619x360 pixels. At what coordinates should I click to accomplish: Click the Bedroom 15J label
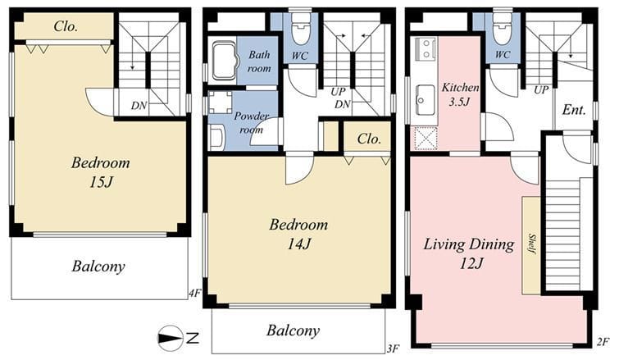point(100,172)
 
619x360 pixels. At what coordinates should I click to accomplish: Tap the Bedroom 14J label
point(298,234)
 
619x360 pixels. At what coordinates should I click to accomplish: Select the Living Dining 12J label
point(469,253)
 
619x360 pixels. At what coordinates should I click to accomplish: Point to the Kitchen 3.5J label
point(460,95)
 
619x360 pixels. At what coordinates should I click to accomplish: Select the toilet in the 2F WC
point(502,30)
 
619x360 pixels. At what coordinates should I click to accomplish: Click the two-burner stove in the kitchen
point(425,49)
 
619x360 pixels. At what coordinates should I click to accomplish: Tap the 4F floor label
point(195,294)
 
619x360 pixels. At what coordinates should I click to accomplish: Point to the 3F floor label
point(394,349)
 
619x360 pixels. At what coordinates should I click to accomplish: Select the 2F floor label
point(603,342)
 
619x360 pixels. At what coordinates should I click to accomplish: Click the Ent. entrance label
point(574,109)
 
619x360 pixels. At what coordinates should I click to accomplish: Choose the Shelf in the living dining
point(531,245)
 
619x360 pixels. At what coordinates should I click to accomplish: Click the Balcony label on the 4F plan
point(98,267)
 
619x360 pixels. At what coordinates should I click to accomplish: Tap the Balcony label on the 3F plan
point(293,330)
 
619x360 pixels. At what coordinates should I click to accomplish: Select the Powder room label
point(252,123)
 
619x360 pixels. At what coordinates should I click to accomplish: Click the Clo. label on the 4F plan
point(66,26)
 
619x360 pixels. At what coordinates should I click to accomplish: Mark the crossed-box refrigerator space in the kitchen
point(426,139)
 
